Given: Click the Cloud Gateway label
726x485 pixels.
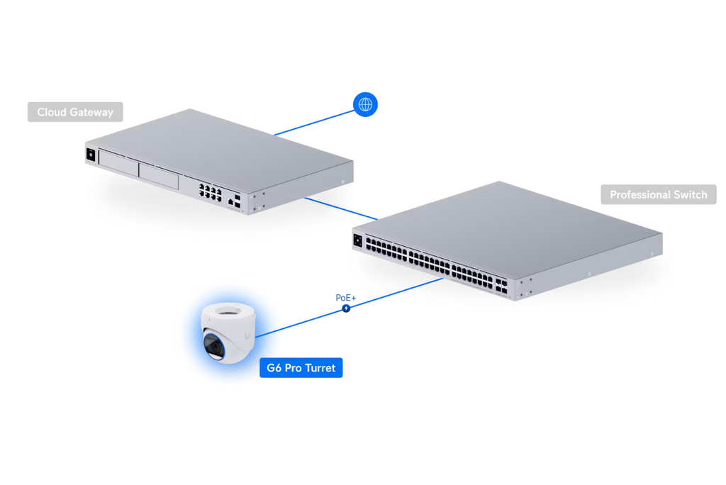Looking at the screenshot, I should click(x=75, y=112).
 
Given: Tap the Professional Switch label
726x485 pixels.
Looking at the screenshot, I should click(x=658, y=194).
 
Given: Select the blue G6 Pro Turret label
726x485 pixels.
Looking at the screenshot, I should click(x=301, y=368).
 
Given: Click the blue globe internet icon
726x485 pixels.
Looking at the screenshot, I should click(x=365, y=105).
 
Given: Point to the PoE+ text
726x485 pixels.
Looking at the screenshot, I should click(x=346, y=298).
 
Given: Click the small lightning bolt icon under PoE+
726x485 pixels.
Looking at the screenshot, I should click(x=346, y=308).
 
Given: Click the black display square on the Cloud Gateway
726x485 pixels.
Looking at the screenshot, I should click(x=91, y=155).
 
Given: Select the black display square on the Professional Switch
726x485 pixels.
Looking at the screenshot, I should click(x=357, y=241).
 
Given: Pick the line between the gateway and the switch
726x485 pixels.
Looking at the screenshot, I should click(x=340, y=208).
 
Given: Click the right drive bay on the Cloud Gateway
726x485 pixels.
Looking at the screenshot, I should click(x=158, y=174).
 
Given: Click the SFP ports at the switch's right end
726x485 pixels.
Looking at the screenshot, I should click(x=501, y=286).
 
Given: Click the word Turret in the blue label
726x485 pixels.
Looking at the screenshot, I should click(x=319, y=368).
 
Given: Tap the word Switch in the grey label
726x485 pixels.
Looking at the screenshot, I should click(x=690, y=194).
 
